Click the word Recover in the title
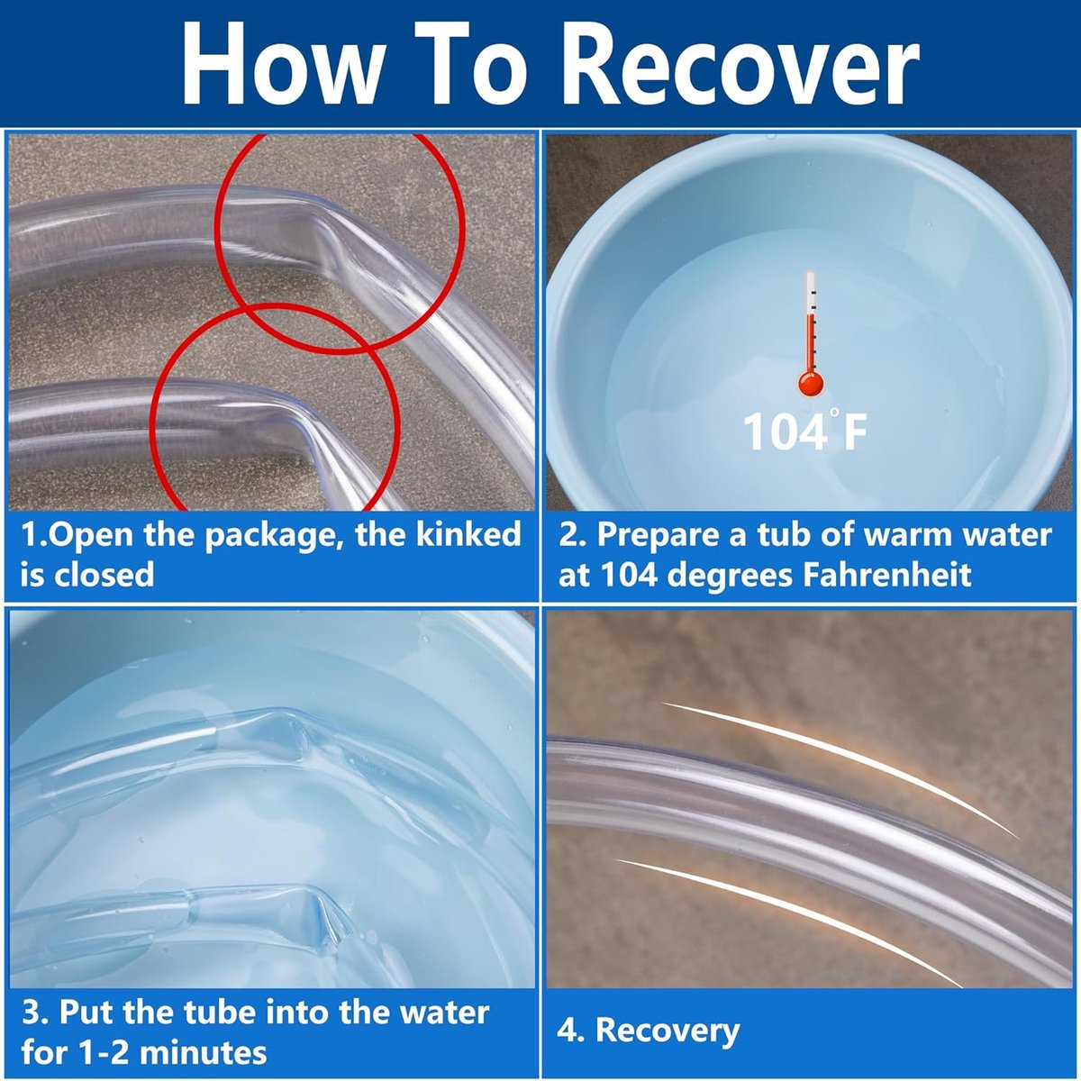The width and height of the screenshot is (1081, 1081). (x=740, y=63)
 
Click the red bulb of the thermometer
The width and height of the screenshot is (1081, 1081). (x=810, y=384)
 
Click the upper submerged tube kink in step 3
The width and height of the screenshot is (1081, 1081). (x=286, y=735)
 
